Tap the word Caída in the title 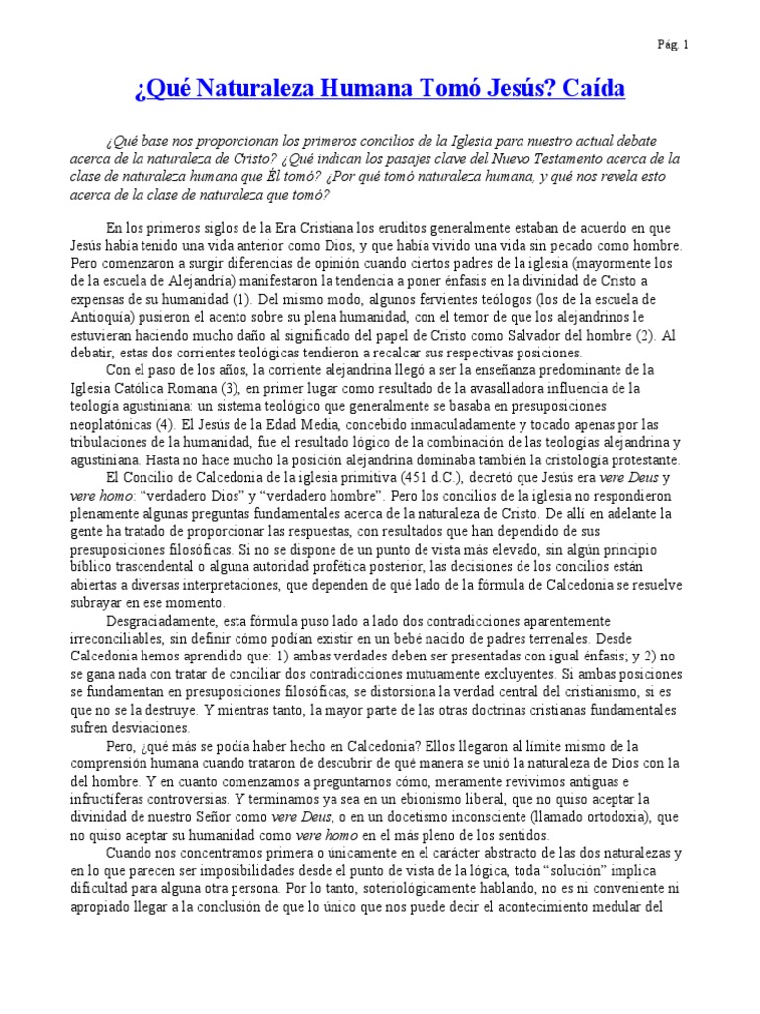pyautogui.click(x=592, y=91)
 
